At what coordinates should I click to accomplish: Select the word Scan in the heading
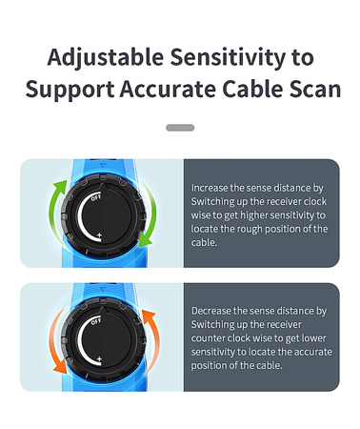pyautogui.click(x=315, y=89)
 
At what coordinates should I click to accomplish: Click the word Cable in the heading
pyautogui.click(x=252, y=89)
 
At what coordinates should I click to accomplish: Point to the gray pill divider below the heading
pyautogui.click(x=180, y=128)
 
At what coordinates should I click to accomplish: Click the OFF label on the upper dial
pyautogui.click(x=96, y=197)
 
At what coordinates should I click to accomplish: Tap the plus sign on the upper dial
pyautogui.click(x=99, y=235)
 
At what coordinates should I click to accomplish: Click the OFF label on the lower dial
pyautogui.click(x=96, y=321)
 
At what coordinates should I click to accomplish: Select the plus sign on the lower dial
pyautogui.click(x=99, y=359)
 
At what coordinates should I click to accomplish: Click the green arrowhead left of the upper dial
pyautogui.click(x=61, y=186)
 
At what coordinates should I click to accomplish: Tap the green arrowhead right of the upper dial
pyautogui.click(x=145, y=241)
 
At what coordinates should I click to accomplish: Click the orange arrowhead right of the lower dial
pyautogui.click(x=149, y=317)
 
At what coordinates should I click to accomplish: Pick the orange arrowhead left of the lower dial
pyautogui.click(x=59, y=367)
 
